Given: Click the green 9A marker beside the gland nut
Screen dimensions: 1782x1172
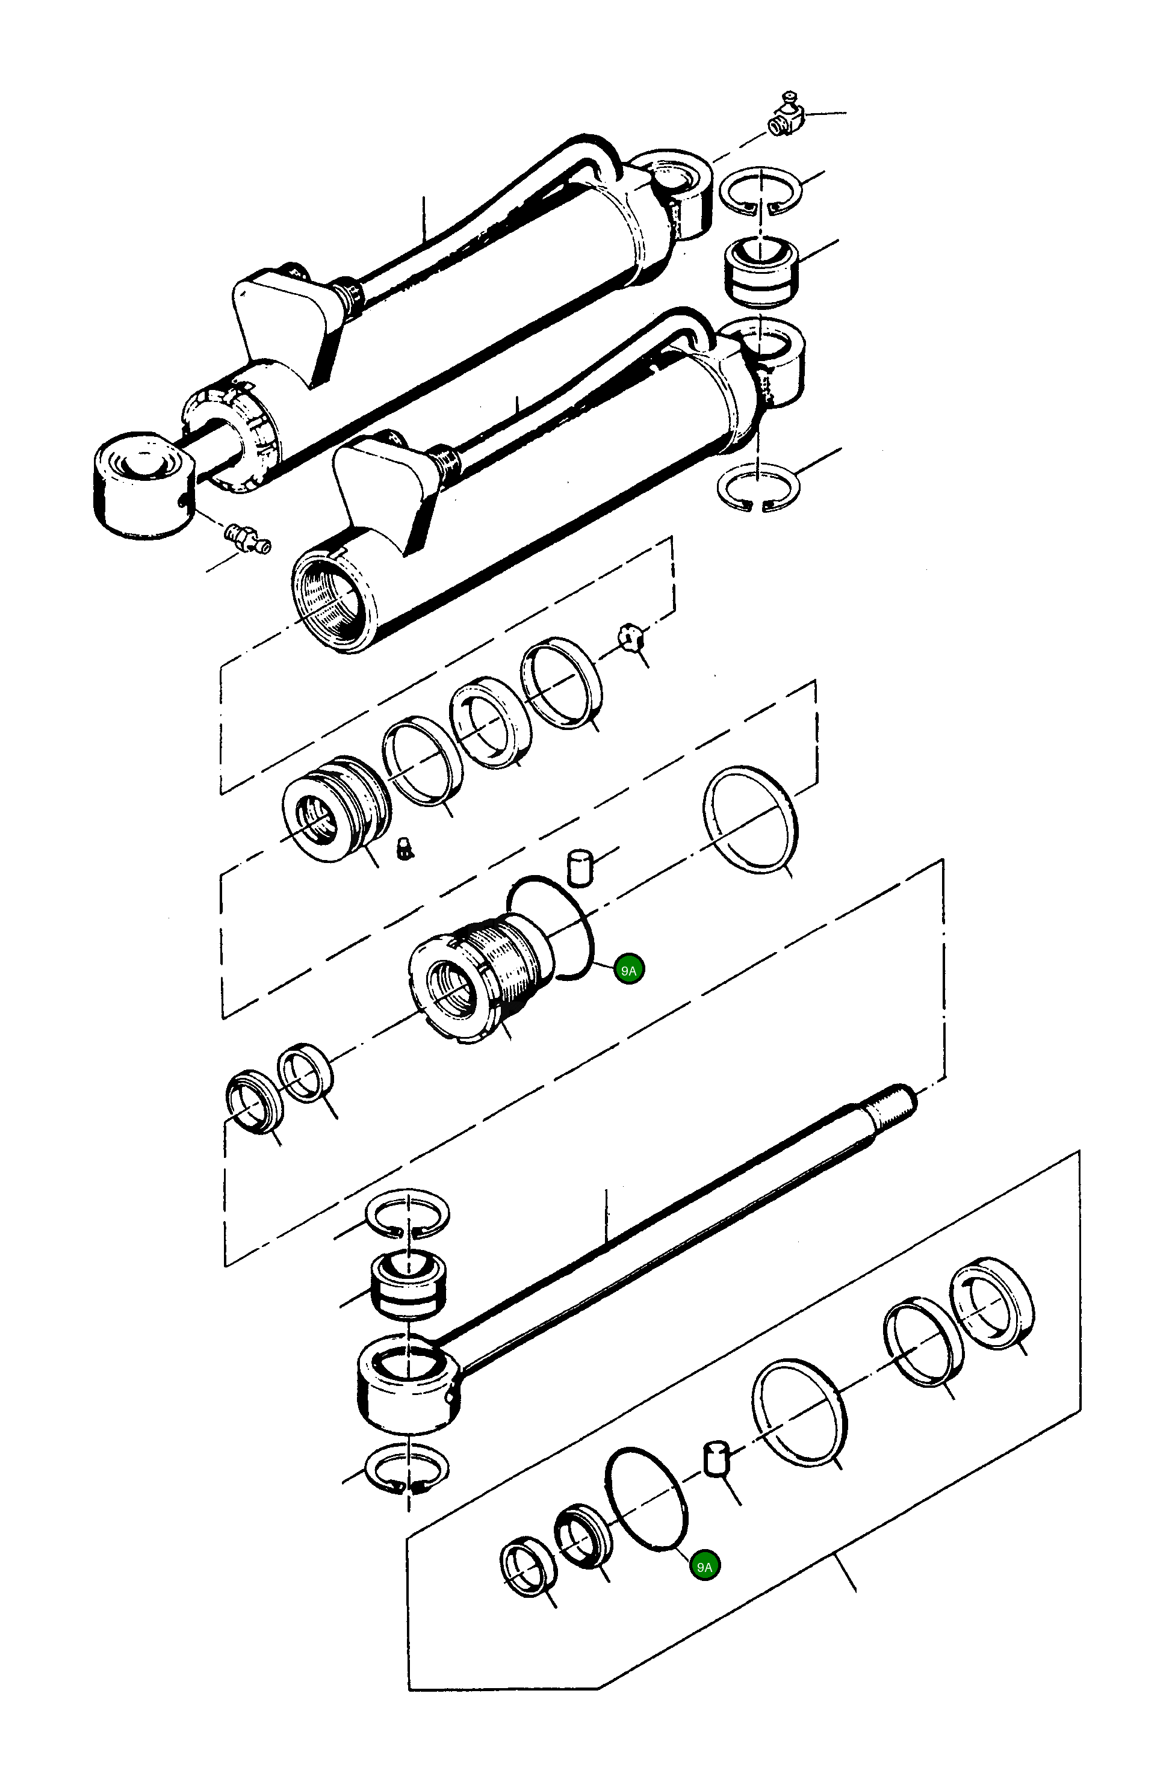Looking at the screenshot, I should [x=628, y=970].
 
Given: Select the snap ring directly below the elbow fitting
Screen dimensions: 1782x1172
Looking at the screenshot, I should [x=760, y=191].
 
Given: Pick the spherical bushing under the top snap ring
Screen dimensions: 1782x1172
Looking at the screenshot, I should [x=761, y=271].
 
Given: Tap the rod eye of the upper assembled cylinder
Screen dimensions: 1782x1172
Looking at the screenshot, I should [x=144, y=483].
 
